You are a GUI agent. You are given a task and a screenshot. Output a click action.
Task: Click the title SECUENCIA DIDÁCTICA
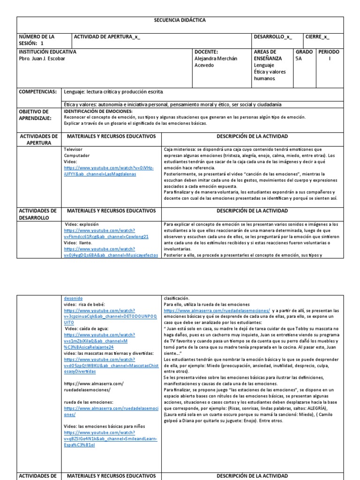pos(180,21)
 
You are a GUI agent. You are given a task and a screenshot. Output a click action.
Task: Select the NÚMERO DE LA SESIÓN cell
pos(36,39)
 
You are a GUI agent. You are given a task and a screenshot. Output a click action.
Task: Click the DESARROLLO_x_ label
pos(272,37)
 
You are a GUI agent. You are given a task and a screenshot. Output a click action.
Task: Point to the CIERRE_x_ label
pos(317,37)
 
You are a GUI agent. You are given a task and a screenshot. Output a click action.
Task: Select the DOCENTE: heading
pos(206,52)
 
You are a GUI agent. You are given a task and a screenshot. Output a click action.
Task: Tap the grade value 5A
pos(299,59)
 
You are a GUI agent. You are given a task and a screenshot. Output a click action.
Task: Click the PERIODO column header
pos(330,52)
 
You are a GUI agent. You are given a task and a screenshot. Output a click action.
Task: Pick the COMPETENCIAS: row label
pos(37,92)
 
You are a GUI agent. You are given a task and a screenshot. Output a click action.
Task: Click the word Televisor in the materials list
pos(73,149)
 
